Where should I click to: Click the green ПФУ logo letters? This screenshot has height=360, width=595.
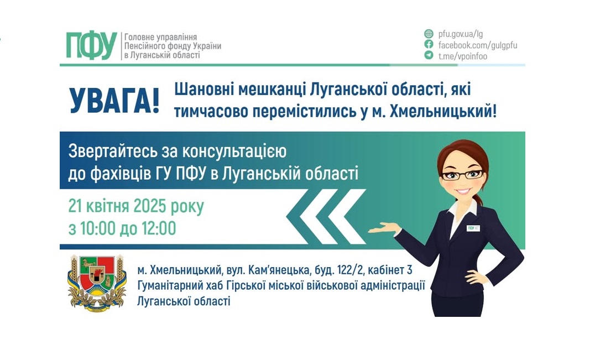click(92, 45)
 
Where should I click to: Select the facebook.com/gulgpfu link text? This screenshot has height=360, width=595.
click(477, 45)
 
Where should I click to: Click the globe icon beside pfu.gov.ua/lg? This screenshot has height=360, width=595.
click(429, 34)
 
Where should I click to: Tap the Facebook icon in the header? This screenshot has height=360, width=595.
click(429, 45)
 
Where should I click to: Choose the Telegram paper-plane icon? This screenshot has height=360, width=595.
click(429, 55)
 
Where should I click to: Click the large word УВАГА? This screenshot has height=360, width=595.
click(114, 100)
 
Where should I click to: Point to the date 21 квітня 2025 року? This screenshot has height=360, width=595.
click(136, 207)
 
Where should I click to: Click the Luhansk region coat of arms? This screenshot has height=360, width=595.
click(97, 283)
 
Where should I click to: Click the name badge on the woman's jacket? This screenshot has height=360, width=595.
click(473, 227)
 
